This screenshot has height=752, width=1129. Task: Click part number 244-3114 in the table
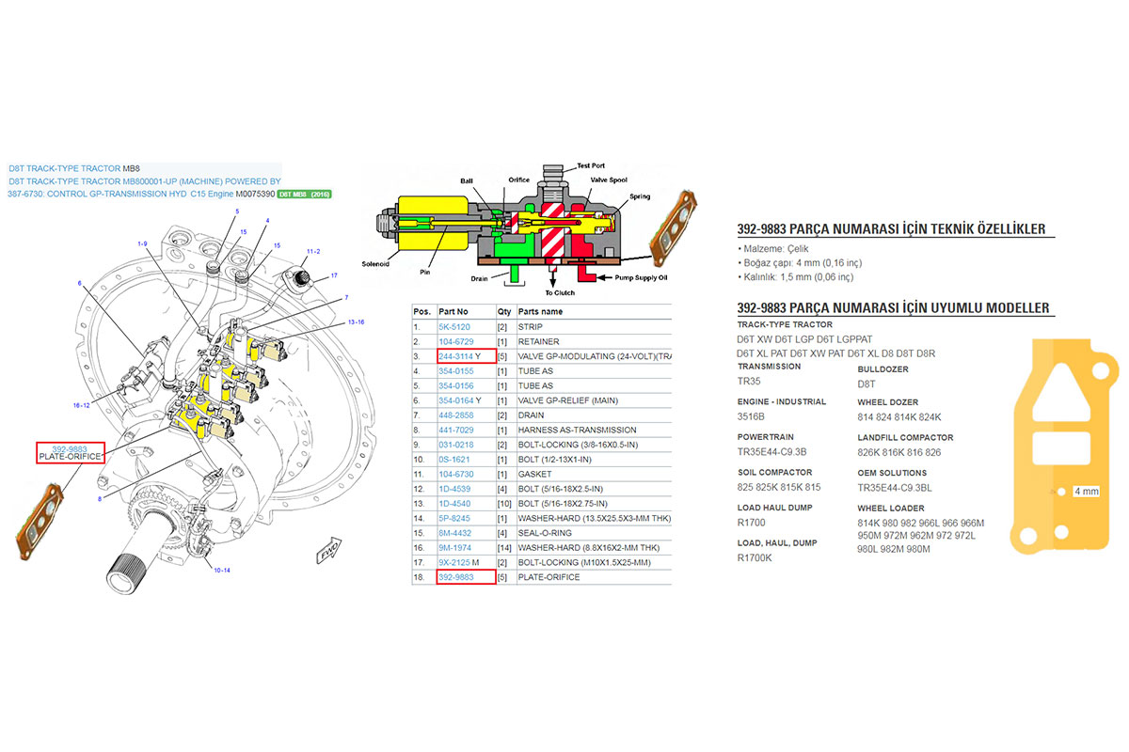[457, 356]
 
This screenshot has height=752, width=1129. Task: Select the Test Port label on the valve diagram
[591, 165]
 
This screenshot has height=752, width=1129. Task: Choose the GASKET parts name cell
[534, 474]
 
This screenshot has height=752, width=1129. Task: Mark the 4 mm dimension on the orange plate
[1085, 491]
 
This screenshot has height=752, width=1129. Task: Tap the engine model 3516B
[752, 416]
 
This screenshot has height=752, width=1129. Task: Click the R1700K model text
[755, 557]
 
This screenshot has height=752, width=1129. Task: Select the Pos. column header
[422, 311]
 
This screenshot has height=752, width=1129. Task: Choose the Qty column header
[503, 311]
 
